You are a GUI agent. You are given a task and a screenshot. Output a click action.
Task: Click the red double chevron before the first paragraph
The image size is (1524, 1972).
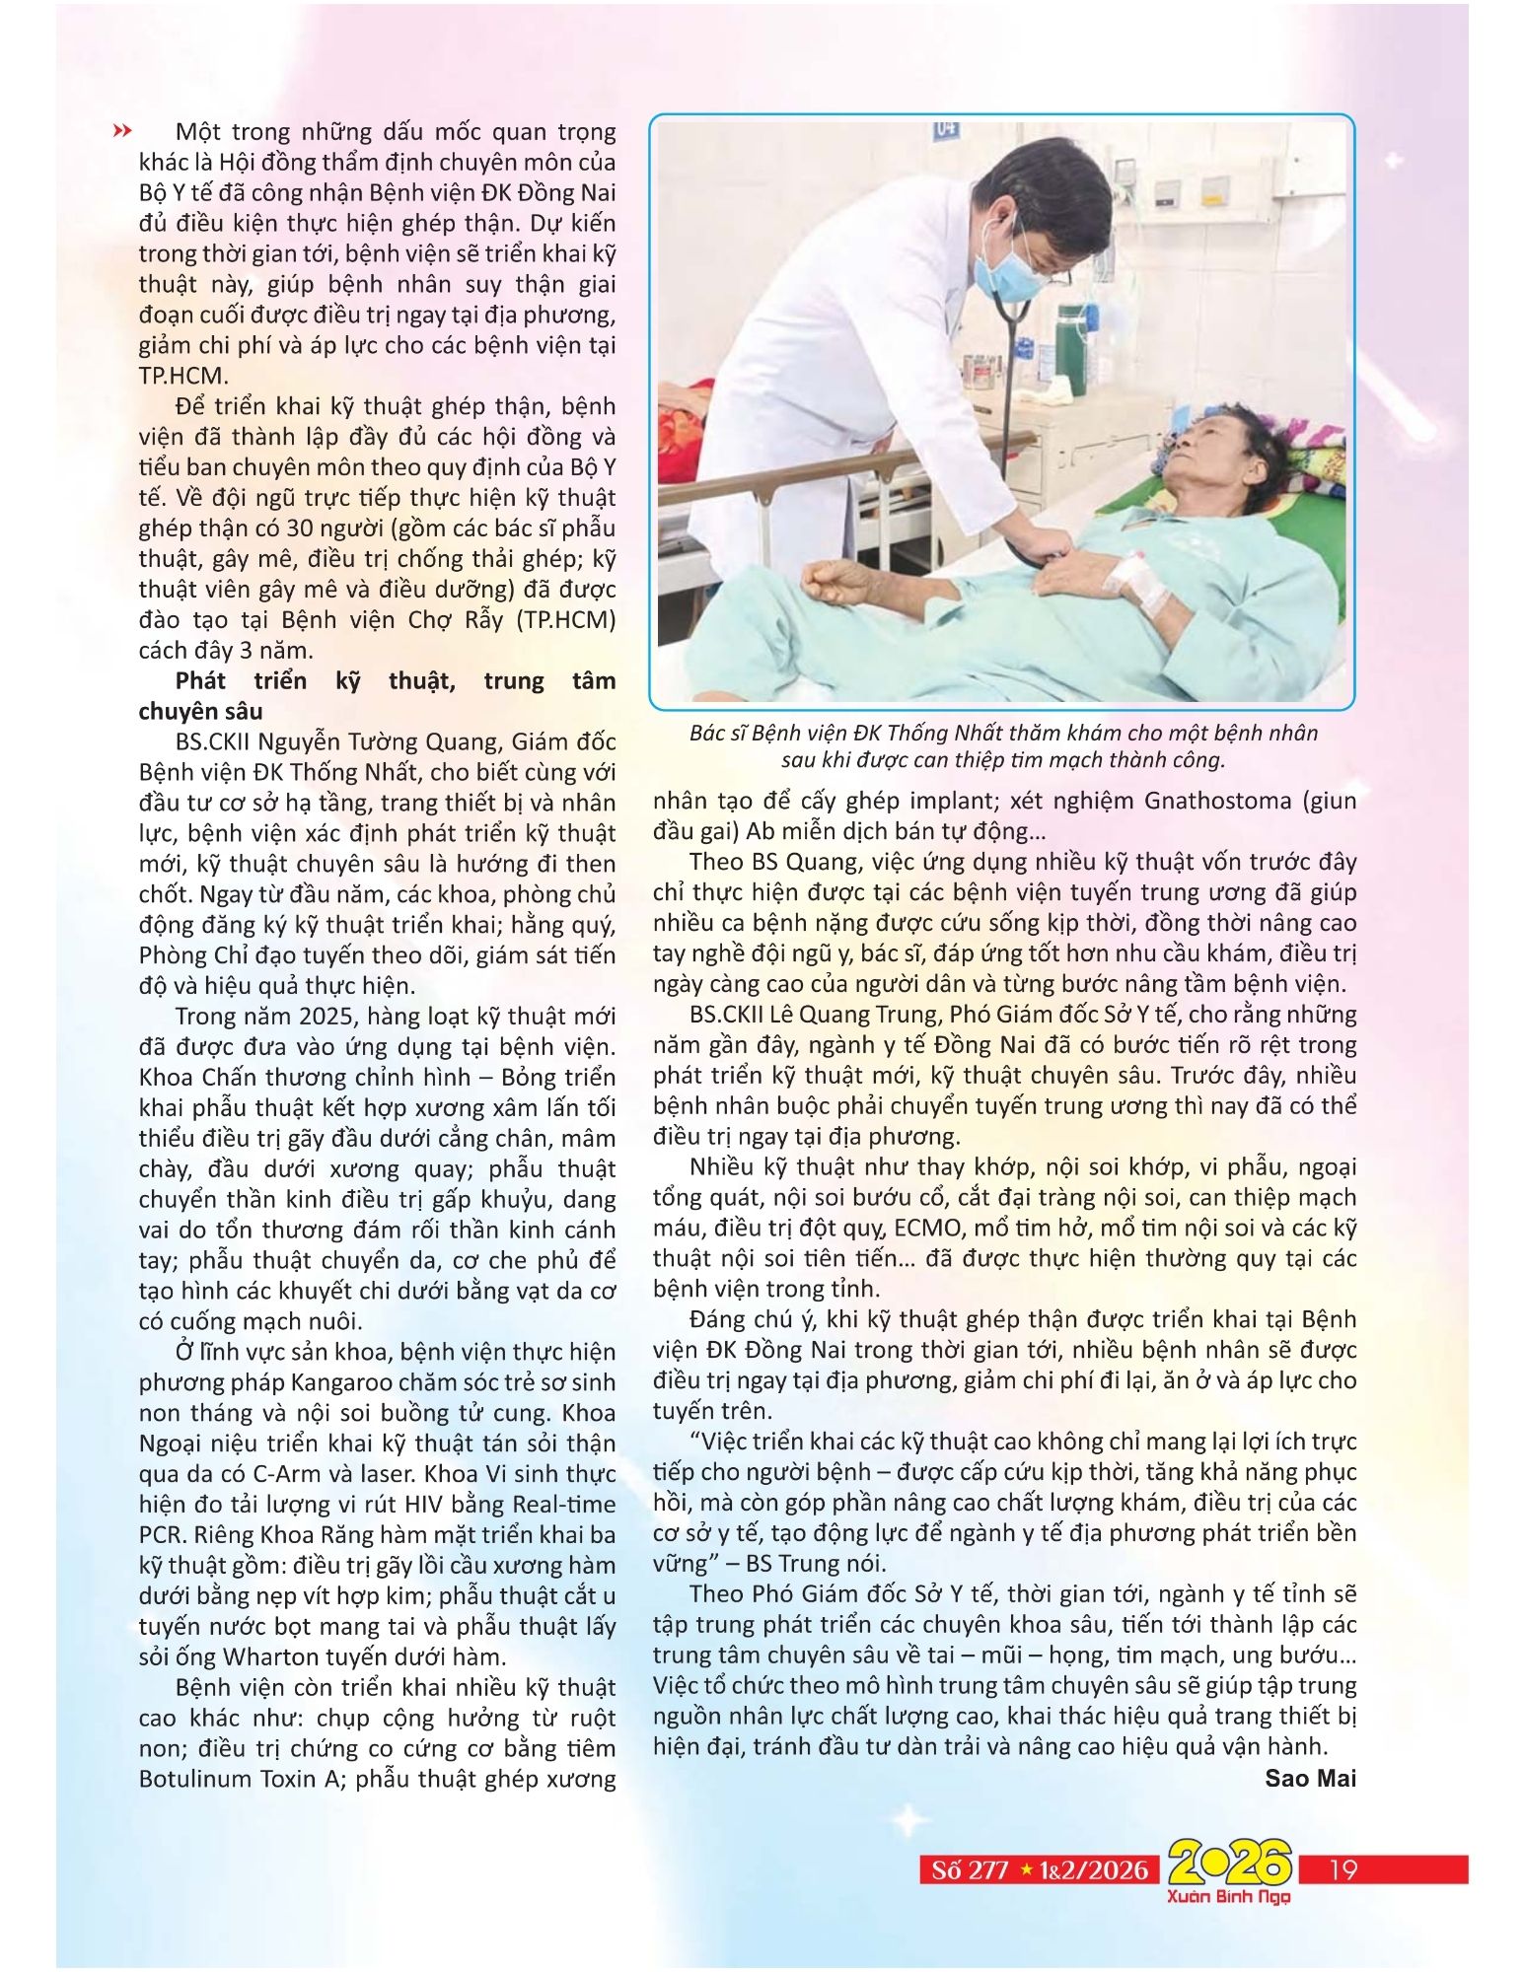[x=123, y=130]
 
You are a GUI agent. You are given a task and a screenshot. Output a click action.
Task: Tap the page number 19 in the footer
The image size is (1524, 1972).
[x=1343, y=1868]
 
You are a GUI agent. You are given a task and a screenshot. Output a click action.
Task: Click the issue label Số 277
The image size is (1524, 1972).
[x=971, y=1869]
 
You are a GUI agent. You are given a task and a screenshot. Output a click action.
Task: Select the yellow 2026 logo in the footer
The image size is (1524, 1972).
[x=1229, y=1863]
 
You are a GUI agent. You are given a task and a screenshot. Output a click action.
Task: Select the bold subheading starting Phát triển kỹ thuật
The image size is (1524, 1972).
[x=376, y=695]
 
